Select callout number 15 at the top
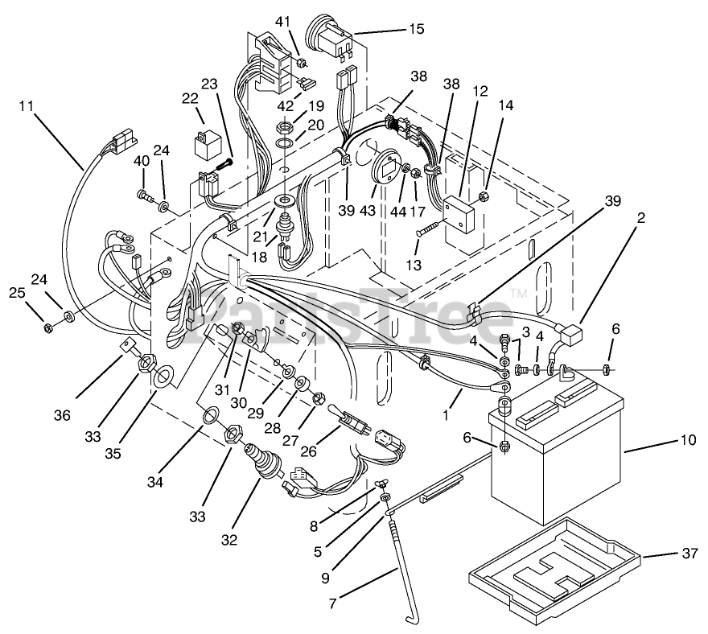[416, 30]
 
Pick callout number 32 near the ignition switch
[229, 541]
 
